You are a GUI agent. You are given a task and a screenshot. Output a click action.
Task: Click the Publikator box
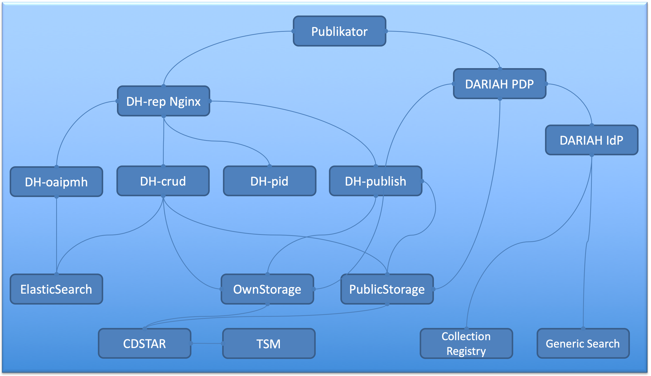pyautogui.click(x=339, y=31)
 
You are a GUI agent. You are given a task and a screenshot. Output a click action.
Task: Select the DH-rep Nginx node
pyautogui.click(x=163, y=101)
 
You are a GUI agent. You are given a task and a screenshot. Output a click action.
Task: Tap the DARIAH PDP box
pyautogui.click(x=499, y=84)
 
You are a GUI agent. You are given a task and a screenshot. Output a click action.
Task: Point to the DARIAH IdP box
pyautogui.click(x=591, y=140)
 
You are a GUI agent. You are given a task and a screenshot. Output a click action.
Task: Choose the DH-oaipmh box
pyautogui.click(x=56, y=182)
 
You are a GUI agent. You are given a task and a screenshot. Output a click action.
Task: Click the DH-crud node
pyautogui.click(x=163, y=181)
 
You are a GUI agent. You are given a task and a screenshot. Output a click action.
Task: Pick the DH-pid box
pyautogui.click(x=269, y=181)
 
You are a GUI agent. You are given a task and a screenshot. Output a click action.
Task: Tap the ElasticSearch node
pyautogui.click(x=56, y=289)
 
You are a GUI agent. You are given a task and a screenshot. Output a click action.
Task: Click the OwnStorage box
pyautogui.click(x=267, y=289)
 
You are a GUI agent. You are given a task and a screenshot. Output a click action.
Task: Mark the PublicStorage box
pyautogui.click(x=387, y=289)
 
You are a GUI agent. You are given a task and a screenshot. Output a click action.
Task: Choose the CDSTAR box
pyautogui.click(x=145, y=343)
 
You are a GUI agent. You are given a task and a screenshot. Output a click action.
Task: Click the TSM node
pyautogui.click(x=268, y=343)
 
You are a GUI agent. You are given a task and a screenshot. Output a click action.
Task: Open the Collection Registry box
pyautogui.click(x=466, y=343)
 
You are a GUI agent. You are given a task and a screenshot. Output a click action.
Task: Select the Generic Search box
pyautogui.click(x=583, y=343)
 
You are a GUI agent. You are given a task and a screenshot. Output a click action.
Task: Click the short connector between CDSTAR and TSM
pyautogui.click(x=206, y=343)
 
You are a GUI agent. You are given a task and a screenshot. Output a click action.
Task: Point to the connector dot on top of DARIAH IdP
pyautogui.click(x=592, y=126)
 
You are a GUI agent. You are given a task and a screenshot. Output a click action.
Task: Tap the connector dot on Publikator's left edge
pyautogui.click(x=293, y=31)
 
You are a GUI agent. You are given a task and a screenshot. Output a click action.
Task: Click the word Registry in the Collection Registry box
pyautogui.click(x=466, y=351)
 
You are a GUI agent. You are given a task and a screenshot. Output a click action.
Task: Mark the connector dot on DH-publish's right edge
pyautogui.click(x=422, y=181)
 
